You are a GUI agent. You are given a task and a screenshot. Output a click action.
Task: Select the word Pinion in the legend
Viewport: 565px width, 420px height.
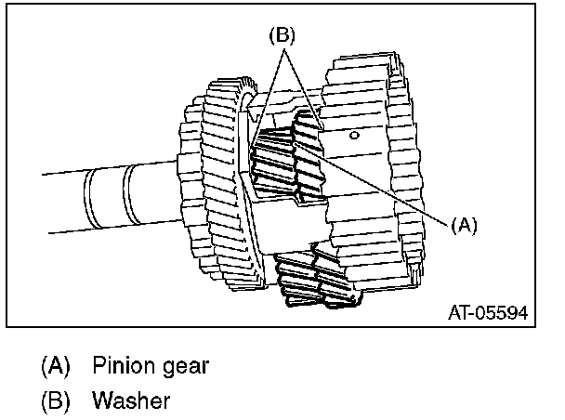click(121, 364)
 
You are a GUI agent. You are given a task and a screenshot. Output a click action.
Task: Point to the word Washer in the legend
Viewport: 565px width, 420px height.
click(132, 401)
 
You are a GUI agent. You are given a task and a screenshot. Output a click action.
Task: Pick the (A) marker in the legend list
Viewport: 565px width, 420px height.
click(55, 365)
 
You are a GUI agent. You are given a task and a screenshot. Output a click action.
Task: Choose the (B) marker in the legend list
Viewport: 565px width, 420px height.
click(55, 401)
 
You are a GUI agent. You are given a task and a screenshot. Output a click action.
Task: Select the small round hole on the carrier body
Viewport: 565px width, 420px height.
click(355, 136)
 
